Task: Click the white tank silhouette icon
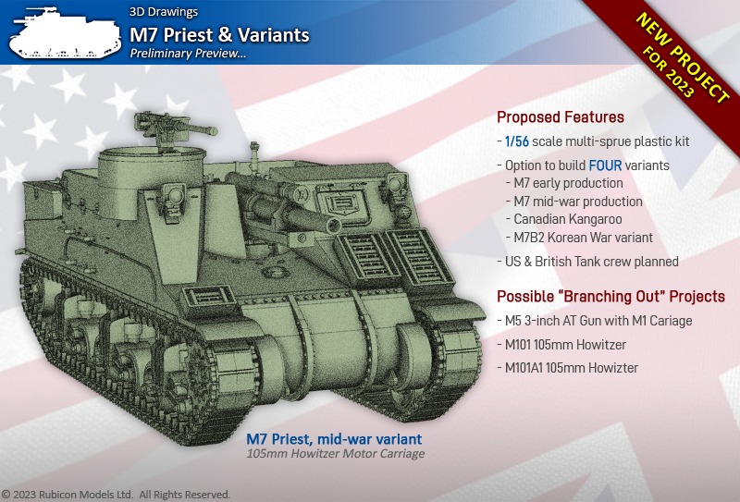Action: [65, 32]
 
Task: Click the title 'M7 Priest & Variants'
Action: [219, 35]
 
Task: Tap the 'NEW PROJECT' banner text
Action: [682, 57]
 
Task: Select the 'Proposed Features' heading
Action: [561, 117]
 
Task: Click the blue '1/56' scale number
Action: [517, 141]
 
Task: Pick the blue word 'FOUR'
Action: [605, 165]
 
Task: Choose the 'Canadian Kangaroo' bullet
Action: [564, 219]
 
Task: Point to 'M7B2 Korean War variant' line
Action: [580, 238]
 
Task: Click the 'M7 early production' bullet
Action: [564, 183]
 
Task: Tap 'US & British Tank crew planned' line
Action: [588, 262]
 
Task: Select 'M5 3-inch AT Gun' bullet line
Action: [595, 321]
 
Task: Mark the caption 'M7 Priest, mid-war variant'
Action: [334, 439]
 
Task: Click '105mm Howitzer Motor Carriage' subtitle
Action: [336, 454]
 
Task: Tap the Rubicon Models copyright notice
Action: [117, 494]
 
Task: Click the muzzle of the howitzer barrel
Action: [333, 226]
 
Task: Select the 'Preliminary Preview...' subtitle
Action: [188, 54]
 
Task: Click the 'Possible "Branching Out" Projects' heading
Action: [610, 296]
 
